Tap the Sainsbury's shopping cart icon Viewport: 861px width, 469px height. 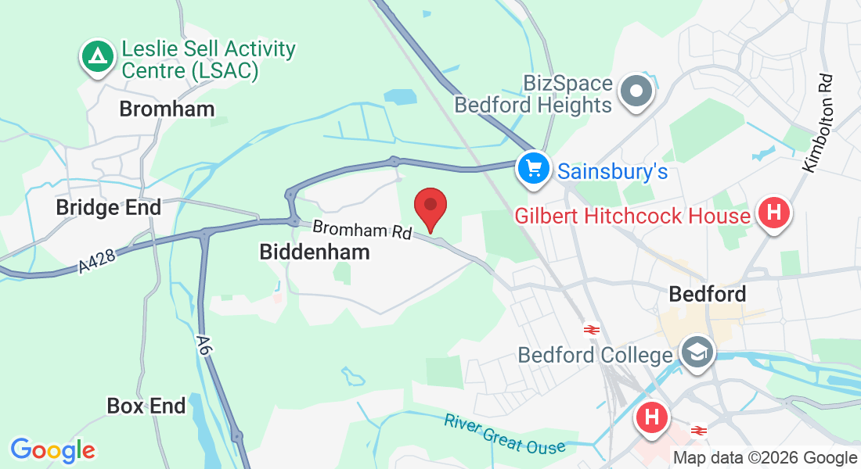[534, 168]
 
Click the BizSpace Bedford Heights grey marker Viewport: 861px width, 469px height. [636, 92]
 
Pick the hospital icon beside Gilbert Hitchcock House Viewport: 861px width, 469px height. [774, 212]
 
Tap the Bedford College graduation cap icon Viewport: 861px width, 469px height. [695, 353]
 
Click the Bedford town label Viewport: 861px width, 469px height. [707, 294]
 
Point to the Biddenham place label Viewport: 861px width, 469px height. [314, 252]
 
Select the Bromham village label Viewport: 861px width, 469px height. [167, 109]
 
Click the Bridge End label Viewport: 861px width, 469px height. [108, 207]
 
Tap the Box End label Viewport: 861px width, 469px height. [146, 406]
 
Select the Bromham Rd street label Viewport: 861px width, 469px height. [362, 231]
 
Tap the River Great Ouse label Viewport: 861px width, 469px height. [504, 433]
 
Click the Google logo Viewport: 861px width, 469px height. [52, 450]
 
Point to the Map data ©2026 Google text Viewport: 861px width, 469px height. [765, 458]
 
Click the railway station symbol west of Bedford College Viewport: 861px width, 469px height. [592, 330]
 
